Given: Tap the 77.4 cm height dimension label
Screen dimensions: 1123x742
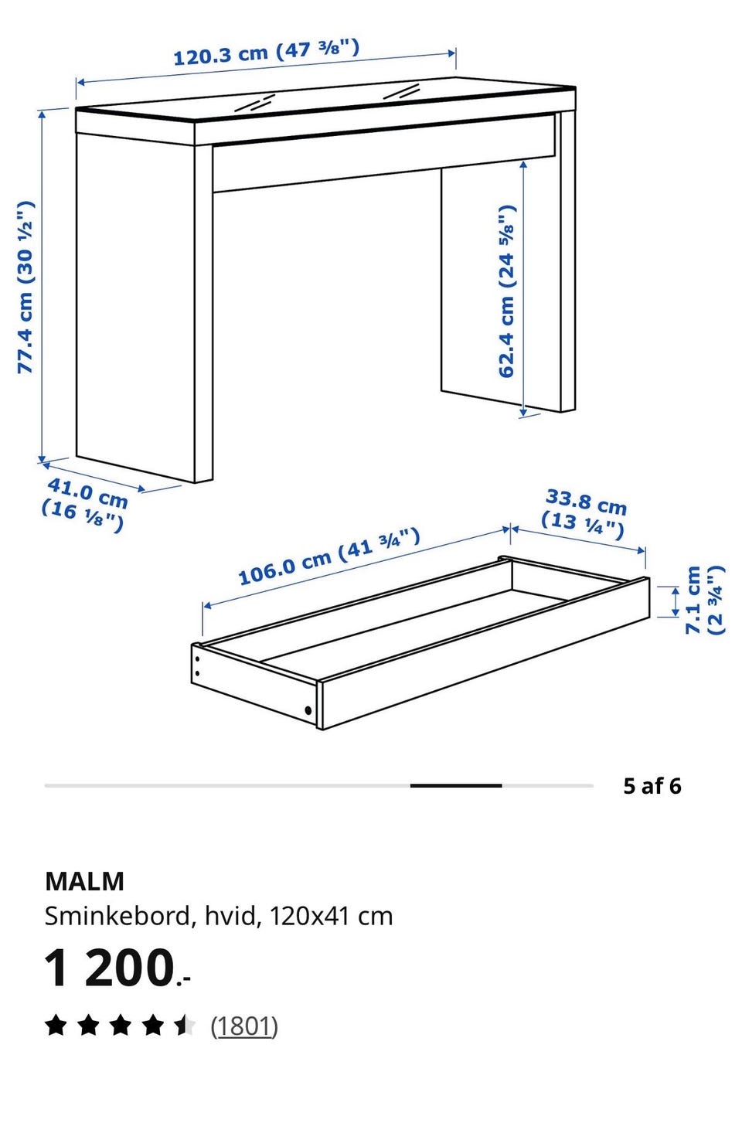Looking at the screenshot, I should [x=26, y=287].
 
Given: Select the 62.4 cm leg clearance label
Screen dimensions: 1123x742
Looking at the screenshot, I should [x=507, y=291].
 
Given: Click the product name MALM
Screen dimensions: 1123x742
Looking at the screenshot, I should [x=84, y=881].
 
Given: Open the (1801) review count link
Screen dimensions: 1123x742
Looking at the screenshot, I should [x=244, y=1026].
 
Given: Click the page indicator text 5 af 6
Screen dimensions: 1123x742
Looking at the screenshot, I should [x=652, y=786].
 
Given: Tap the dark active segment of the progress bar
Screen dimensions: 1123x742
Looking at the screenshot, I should [x=456, y=785].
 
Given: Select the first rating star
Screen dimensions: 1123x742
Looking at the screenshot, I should [x=56, y=1026].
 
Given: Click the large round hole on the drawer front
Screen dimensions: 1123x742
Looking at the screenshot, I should [x=308, y=710].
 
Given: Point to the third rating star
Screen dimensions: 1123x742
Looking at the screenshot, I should [x=121, y=1026].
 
